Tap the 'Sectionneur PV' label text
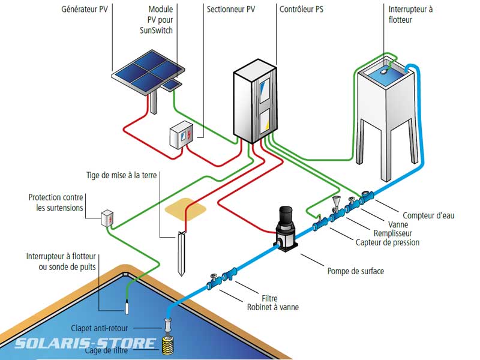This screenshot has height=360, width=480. [231, 10]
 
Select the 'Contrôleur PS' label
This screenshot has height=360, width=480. [302, 10]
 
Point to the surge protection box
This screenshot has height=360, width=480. [107, 218]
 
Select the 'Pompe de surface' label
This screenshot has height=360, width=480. [355, 271]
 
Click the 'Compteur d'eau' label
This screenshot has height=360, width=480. [428, 215]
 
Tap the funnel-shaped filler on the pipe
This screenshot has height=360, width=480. [337, 202]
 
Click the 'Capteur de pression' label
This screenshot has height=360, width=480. [388, 242]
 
